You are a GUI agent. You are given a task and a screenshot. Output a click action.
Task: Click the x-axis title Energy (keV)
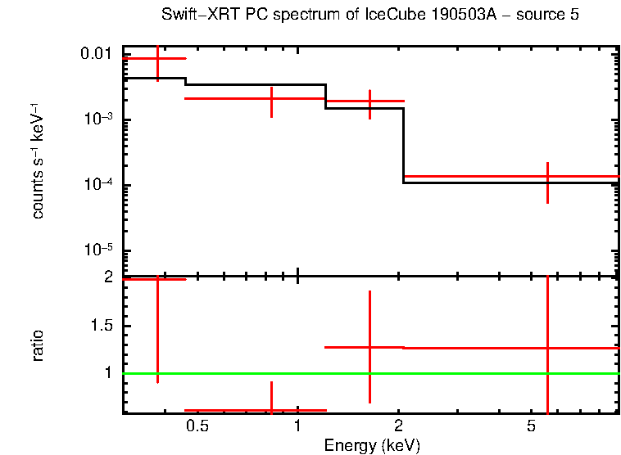coord(372,446)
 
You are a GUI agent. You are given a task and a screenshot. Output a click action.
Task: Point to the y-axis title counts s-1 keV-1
coord(38,160)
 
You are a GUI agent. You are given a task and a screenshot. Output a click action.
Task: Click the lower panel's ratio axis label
coord(38,345)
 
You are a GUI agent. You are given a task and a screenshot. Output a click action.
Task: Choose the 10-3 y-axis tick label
coord(99,119)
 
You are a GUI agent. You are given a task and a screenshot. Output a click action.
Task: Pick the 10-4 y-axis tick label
coord(99,185)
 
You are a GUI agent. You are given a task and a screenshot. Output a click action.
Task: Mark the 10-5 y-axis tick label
coord(99,250)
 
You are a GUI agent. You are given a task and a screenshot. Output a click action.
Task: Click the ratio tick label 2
coord(107,277)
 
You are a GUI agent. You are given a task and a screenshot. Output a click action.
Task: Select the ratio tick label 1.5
coord(101,326)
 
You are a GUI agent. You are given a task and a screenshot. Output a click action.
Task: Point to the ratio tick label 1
coord(107,373)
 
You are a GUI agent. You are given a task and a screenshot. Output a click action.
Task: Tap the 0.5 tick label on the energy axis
coord(197,426)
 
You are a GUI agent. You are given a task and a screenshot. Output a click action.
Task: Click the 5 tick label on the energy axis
coord(531,426)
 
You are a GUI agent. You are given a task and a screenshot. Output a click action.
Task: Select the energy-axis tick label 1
coord(297,426)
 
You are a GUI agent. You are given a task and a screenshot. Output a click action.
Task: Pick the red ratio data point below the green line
coord(271,410)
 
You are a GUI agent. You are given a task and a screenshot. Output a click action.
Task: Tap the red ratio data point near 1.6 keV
coord(370,347)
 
